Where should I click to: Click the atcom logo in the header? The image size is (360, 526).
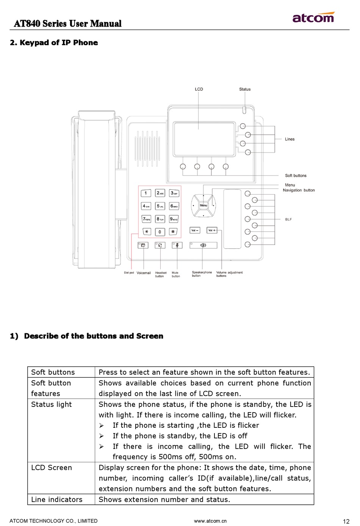pos(313,17)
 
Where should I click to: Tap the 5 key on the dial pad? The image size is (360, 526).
pos(160,206)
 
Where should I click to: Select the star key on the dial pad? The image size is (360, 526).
pos(146,231)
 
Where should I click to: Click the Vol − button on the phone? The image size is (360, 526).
pos(195,230)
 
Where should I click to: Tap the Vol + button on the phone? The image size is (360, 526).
pos(212,230)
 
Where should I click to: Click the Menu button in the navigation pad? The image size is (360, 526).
pos(203,205)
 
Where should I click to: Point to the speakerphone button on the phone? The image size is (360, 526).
pos(203,245)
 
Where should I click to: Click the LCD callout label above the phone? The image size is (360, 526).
pos(199,89)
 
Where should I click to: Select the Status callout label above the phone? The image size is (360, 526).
pos(245,89)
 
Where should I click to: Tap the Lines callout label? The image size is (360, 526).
pos(290,139)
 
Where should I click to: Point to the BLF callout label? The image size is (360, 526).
pos(288,219)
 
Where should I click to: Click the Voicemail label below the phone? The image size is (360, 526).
pos(144,273)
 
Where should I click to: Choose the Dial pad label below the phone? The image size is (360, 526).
pos(129,273)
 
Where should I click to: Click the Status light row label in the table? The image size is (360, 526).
pos(52,404)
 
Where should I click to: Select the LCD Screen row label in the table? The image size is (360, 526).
pos(52,468)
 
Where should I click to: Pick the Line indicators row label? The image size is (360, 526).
pos(57,499)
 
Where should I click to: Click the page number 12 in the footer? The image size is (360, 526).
pos(346,521)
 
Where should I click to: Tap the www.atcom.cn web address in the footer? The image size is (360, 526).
pos(210,521)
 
